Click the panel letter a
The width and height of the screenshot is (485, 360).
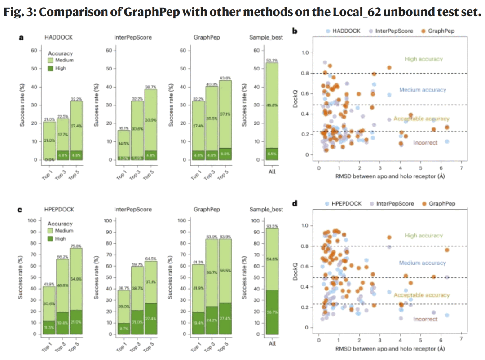click(x=21, y=37)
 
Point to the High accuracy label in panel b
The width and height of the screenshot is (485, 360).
click(x=423, y=59)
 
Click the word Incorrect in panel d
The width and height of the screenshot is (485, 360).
click(x=425, y=319)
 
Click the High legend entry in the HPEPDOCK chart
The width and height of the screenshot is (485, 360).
click(x=58, y=239)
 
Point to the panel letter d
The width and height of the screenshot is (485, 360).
click(x=295, y=203)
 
